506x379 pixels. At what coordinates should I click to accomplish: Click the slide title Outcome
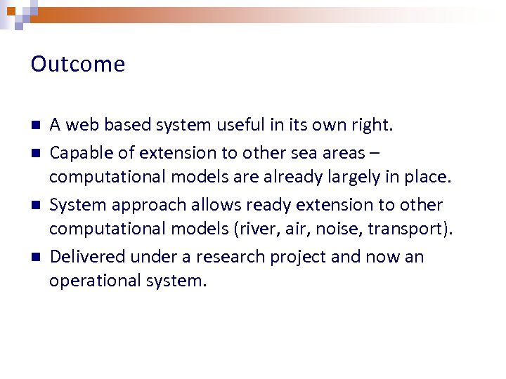pyautogui.click(x=78, y=65)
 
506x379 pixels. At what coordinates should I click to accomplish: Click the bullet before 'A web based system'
pyautogui.click(x=34, y=126)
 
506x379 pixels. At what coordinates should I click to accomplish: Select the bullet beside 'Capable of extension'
pyautogui.click(x=34, y=152)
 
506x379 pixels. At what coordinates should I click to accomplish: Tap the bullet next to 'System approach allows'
pyautogui.click(x=34, y=205)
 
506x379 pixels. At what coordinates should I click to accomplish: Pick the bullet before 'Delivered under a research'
pyautogui.click(x=34, y=257)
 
